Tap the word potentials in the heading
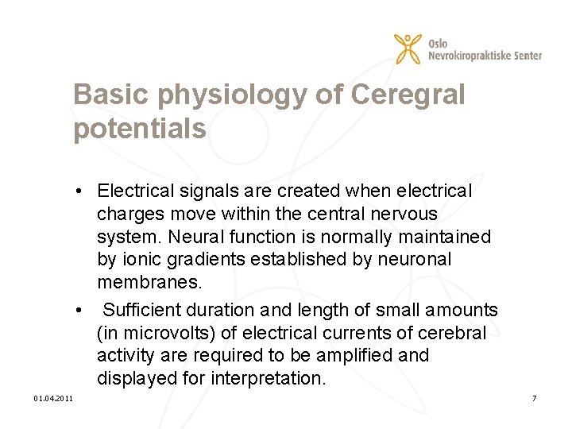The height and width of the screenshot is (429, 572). [140, 129]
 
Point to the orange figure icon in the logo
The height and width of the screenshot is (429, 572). [408, 49]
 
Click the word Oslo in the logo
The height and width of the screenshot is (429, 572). [437, 43]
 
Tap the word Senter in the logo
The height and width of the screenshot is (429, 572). [527, 55]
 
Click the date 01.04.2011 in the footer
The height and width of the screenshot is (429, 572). [53, 397]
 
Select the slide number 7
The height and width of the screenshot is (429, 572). [535, 397]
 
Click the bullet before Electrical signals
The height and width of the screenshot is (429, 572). [82, 191]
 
